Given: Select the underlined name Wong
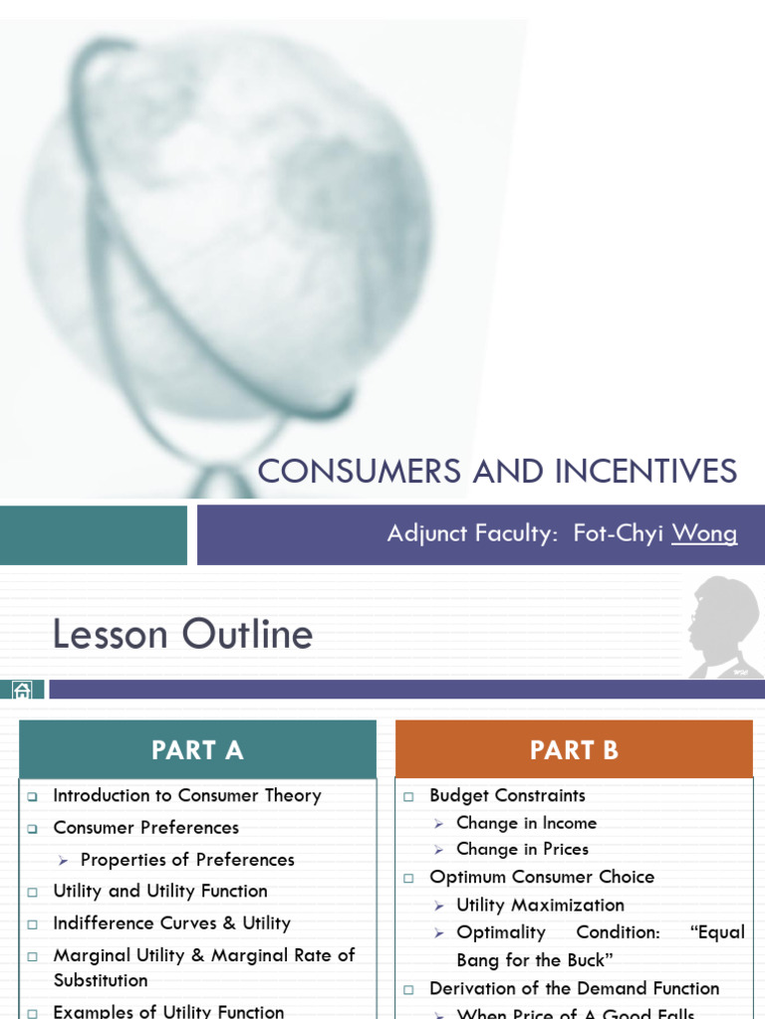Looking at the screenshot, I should tap(704, 533).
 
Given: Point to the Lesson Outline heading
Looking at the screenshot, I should tap(182, 634).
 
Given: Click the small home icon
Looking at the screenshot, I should tap(23, 690).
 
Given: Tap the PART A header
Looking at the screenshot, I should tap(197, 750).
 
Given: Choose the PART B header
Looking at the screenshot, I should tap(574, 750).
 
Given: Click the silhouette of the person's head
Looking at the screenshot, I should tap(723, 622).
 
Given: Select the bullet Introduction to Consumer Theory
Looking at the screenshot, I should tap(186, 795).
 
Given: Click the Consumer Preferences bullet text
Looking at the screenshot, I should tap(145, 827).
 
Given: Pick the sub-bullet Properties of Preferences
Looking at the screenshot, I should tap(187, 859).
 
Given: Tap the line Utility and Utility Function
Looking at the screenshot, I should tap(159, 891).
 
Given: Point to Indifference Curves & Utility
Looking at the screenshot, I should tap(171, 922).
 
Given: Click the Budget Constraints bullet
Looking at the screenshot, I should tap(507, 795).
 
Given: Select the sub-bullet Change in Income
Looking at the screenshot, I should tap(526, 823).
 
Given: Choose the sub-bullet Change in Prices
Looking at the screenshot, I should tap(522, 849).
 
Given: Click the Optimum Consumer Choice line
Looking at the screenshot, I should tap(542, 877).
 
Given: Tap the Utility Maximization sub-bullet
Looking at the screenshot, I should tap(540, 905).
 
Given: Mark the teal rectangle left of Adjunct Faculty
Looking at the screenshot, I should tap(94, 534).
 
